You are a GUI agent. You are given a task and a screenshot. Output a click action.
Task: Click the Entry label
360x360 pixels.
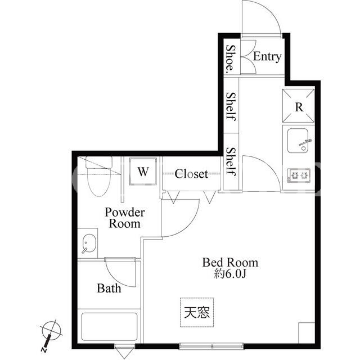pyautogui.click(x=267, y=56)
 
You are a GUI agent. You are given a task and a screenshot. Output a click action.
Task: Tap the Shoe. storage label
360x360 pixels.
pyautogui.click(x=231, y=59)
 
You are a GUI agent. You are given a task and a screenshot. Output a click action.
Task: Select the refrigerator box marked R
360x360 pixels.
pyautogui.click(x=298, y=106)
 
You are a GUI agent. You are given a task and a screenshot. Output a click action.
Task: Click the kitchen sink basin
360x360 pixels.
pyautogui.click(x=298, y=141)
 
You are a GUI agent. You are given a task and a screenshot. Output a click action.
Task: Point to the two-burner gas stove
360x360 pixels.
pyautogui.click(x=299, y=175)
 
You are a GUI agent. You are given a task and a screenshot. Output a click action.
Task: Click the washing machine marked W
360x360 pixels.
pyautogui.click(x=143, y=171)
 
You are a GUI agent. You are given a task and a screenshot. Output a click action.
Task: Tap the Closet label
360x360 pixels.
pyautogui.click(x=191, y=174)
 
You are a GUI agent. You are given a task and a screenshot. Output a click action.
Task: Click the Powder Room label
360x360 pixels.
pyautogui.click(x=125, y=218)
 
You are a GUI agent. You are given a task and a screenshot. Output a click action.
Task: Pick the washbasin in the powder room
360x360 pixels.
pyautogui.click(x=88, y=243)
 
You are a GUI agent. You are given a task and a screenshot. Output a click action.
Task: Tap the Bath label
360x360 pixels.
pyautogui.click(x=109, y=288)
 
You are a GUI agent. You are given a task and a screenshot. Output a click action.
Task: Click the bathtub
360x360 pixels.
pyautogui.click(x=109, y=327)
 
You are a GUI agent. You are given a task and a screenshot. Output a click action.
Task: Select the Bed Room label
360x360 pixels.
pyautogui.click(x=230, y=262)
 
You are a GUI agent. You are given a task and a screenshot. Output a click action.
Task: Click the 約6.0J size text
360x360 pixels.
pyautogui.click(x=230, y=273)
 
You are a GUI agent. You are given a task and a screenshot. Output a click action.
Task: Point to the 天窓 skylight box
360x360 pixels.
pyautogui.click(x=197, y=312)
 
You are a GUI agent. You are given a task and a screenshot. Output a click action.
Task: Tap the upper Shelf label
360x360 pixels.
pyautogui.click(x=231, y=106)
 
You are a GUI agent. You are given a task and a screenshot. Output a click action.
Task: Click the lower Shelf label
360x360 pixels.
pyautogui.click(x=231, y=161)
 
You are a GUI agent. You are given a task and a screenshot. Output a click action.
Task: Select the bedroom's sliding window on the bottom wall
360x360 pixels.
pyautogui.click(x=211, y=346)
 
